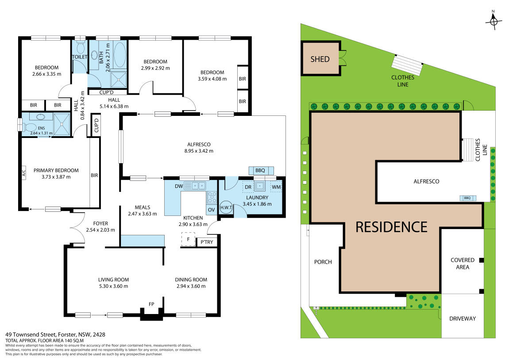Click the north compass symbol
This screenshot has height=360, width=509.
point(494,20)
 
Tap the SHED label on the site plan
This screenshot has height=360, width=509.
point(320,59)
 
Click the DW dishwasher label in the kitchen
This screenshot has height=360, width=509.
point(179,187)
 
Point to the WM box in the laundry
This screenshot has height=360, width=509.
point(276,188)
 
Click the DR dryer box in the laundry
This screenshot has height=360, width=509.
point(248,188)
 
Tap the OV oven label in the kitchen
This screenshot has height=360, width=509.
point(211,209)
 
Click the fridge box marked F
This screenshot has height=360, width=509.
point(188,239)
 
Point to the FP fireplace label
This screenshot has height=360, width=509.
point(151,304)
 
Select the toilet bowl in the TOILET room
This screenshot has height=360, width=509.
point(80,47)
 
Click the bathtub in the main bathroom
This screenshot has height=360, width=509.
point(120,55)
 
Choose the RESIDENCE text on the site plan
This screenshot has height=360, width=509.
point(392,226)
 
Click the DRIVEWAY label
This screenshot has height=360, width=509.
point(462,318)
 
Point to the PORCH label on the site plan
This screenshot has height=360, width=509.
point(323,262)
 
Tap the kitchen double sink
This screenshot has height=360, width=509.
point(195,186)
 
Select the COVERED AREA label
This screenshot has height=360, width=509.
point(463,264)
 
